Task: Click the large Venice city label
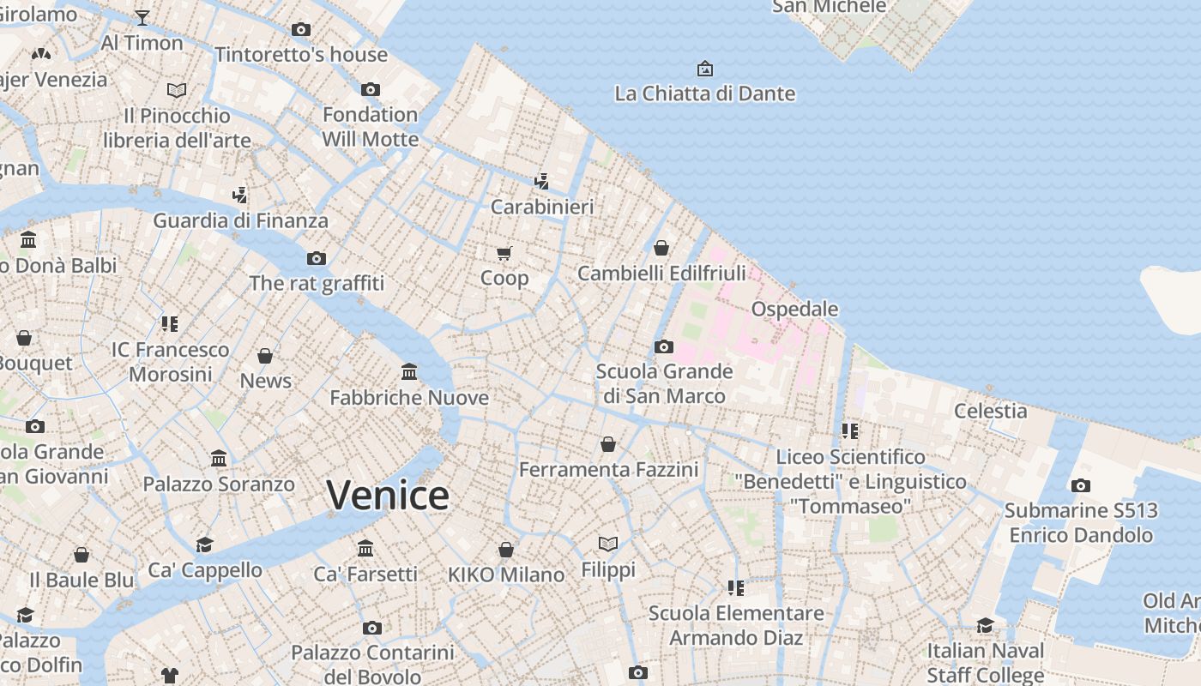pyautogui.click(x=388, y=496)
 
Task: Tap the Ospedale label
pyautogui.click(x=794, y=309)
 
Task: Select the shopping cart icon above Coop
pyautogui.click(x=504, y=253)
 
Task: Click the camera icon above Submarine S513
pyautogui.click(x=1081, y=486)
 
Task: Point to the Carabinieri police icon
pyautogui.click(x=541, y=181)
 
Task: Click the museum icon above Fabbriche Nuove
pyautogui.click(x=409, y=372)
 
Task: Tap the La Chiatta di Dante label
pyautogui.click(x=705, y=93)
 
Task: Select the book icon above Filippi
pyautogui.click(x=608, y=544)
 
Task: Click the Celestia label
pyautogui.click(x=991, y=411)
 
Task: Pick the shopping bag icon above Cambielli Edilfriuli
pyautogui.click(x=661, y=249)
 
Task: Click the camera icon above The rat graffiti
pyautogui.click(x=317, y=258)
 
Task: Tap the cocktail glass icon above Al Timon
pyautogui.click(x=142, y=17)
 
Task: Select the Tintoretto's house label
pyautogui.click(x=301, y=55)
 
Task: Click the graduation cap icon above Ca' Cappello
pyautogui.click(x=204, y=545)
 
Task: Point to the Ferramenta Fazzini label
pyautogui.click(x=608, y=470)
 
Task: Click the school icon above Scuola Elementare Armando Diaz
pyautogui.click(x=735, y=587)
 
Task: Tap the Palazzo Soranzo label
pyautogui.click(x=219, y=484)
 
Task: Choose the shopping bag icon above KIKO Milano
pyautogui.click(x=506, y=549)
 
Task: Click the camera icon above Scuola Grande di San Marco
pyautogui.click(x=663, y=347)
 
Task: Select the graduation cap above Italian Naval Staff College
pyautogui.click(x=985, y=626)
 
